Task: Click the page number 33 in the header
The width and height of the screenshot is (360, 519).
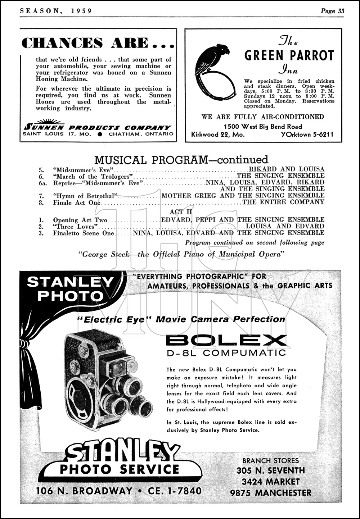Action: tap(341, 11)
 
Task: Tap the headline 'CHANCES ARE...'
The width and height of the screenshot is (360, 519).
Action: tap(98, 43)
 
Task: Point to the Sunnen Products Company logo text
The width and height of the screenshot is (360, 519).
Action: tap(97, 127)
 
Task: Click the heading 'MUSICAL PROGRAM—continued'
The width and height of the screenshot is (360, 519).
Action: tap(181, 159)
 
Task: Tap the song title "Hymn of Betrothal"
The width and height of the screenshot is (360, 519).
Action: tap(86, 196)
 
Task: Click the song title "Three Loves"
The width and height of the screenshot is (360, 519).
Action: tap(76, 227)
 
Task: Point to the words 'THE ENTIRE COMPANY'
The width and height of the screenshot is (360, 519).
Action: tap(283, 202)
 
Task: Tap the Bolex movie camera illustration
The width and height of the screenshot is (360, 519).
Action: tap(108, 379)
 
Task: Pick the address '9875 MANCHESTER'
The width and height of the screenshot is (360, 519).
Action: tap(271, 493)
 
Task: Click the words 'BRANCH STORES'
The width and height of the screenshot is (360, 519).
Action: tap(270, 460)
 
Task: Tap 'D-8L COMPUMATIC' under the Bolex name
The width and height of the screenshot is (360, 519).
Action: tap(226, 353)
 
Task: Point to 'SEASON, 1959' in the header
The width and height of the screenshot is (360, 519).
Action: tap(56, 11)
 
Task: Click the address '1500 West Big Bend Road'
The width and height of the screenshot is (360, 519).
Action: tap(263, 126)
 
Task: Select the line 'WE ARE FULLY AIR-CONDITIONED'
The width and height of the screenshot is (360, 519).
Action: tap(263, 117)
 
